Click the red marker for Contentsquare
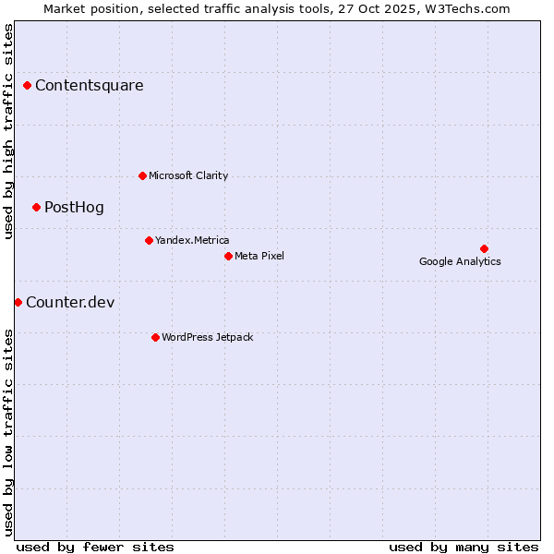tap(28, 86)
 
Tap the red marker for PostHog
tap(37, 207)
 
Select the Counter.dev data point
tap(18, 302)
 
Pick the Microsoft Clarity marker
tap(142, 175)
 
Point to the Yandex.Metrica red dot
tap(149, 240)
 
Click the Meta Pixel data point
tap(228, 256)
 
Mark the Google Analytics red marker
tap(484, 248)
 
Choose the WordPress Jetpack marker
tap(155, 337)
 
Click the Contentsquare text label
tap(90, 86)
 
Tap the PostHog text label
tap(74, 207)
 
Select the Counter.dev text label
tap(70, 302)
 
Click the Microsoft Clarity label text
tap(188, 175)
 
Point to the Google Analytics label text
tap(460, 261)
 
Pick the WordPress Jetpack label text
tap(207, 337)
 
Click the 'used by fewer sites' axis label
tap(95, 547)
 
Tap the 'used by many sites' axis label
tap(464, 547)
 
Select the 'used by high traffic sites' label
tap(8, 131)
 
